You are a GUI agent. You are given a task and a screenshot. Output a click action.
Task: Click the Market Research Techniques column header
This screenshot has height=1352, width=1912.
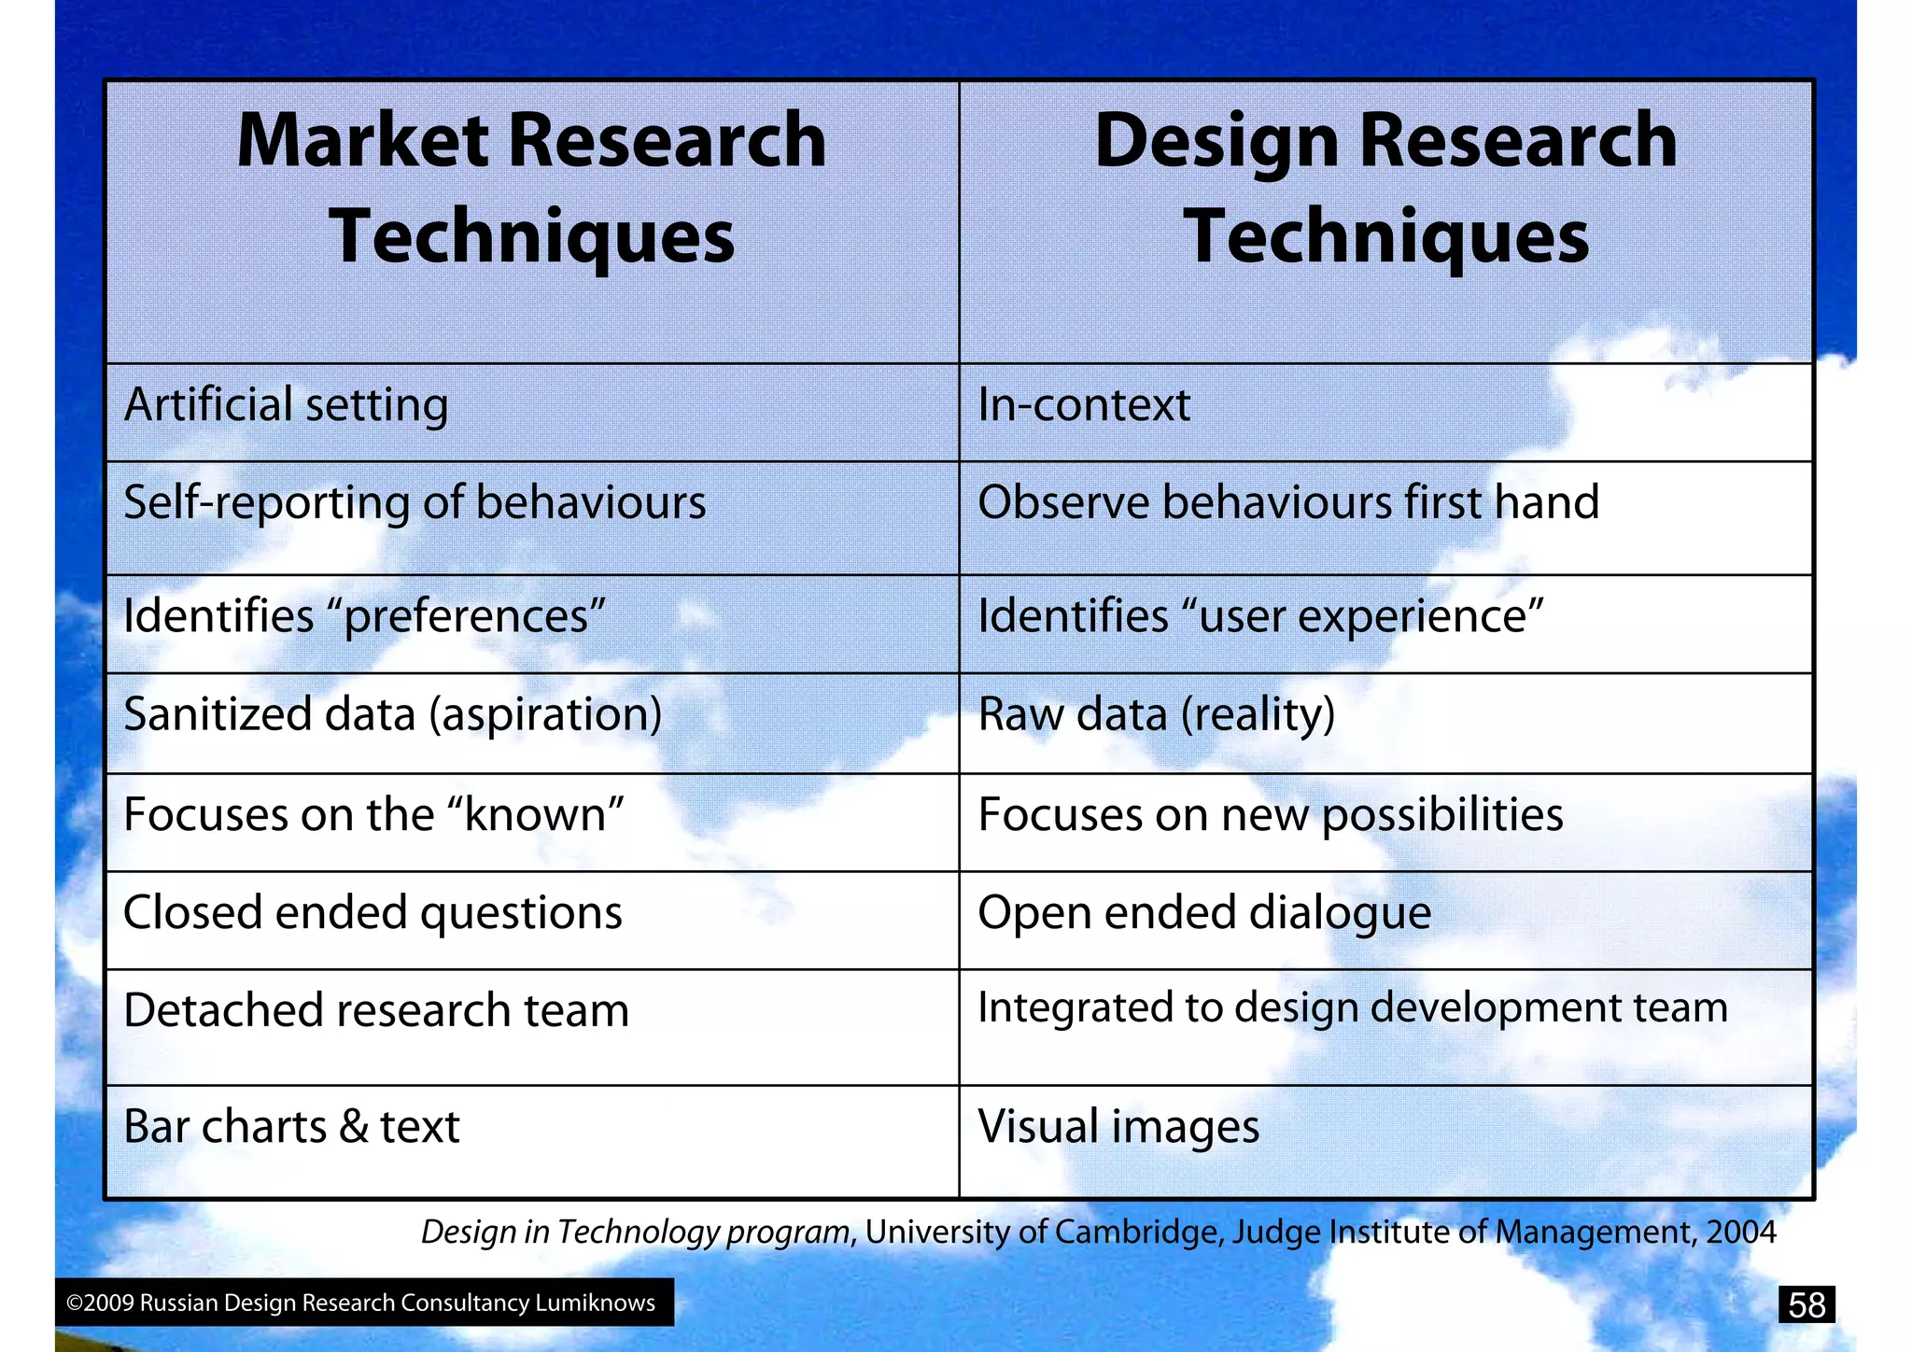(532, 188)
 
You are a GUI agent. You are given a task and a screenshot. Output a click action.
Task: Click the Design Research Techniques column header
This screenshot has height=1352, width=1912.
(1385, 188)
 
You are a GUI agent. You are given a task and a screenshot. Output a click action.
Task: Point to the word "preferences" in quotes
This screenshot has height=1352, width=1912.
(466, 617)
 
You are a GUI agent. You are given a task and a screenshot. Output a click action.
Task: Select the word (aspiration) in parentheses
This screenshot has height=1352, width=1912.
(545, 715)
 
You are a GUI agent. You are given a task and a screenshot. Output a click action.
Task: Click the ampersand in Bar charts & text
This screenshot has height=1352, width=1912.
(354, 1126)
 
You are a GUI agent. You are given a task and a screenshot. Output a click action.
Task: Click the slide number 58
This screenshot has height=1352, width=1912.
(1807, 1304)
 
